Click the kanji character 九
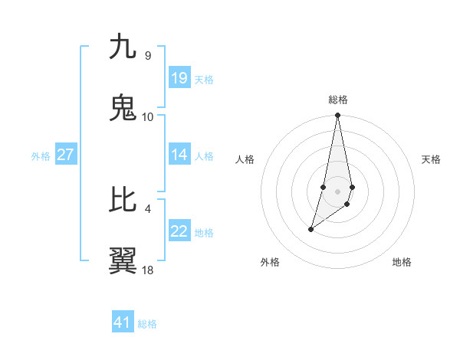pos(123,47)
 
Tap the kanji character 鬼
pos(123,109)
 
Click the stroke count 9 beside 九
pos(147,56)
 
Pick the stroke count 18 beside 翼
pos(148,270)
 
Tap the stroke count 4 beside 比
pos(147,208)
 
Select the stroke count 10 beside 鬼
pos(148,116)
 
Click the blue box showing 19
pos(179,77)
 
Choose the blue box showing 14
pos(179,155)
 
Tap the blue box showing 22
pos(179,231)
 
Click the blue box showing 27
pos(66,155)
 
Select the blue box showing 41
pos(123,322)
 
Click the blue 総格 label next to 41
pos(147,324)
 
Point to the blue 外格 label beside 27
pos(41,156)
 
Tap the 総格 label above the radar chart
pos(338,100)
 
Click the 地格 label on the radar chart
pos(402,263)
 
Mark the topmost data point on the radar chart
pos(338,116)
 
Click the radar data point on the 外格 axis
pos(310,229)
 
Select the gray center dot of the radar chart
pos(338,191)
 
